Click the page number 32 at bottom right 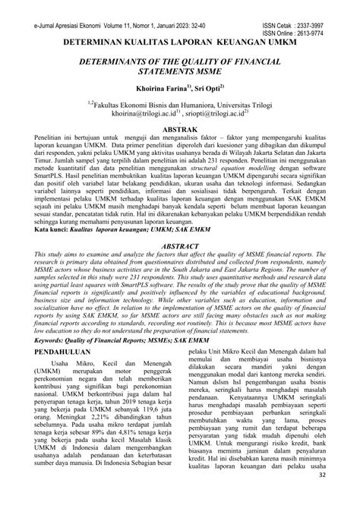coord(343,496)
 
